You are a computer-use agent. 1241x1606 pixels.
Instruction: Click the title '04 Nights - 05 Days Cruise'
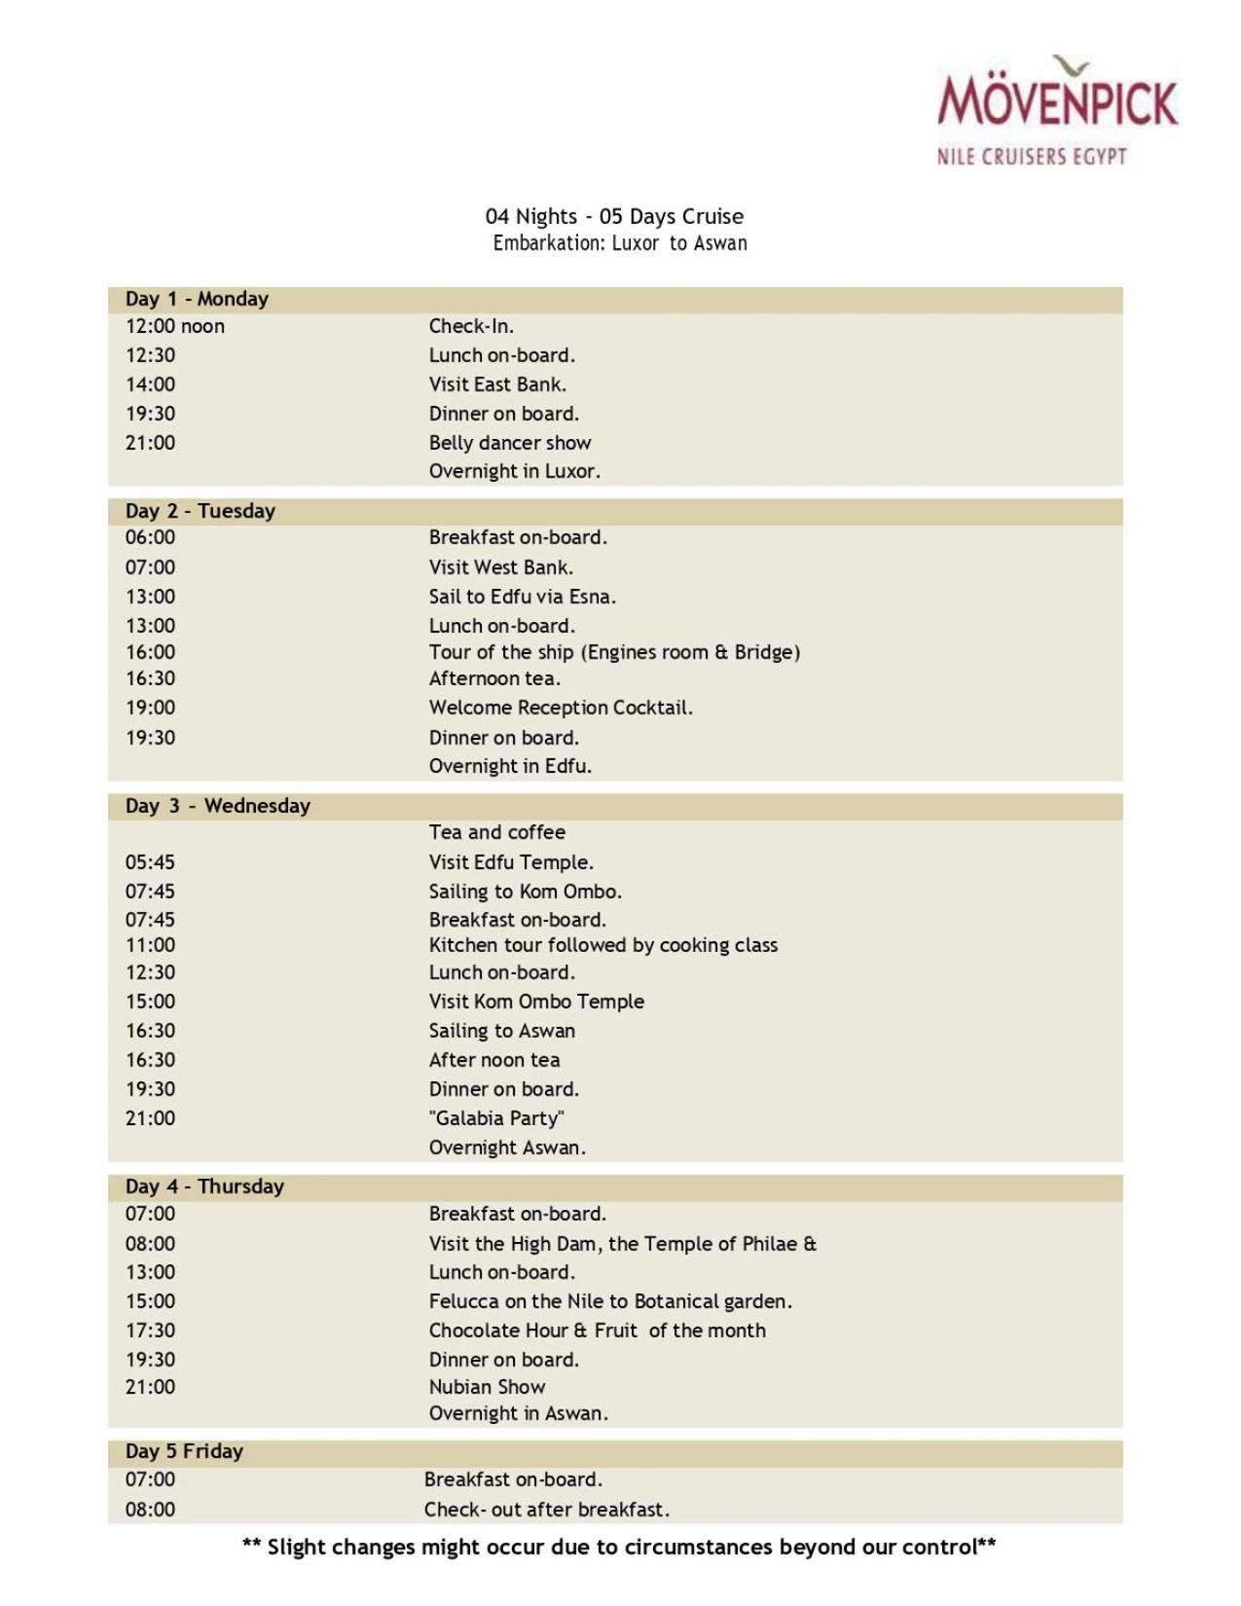[614, 216]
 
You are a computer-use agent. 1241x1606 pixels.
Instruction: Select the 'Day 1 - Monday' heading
[197, 299]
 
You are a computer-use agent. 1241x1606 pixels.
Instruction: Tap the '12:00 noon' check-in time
[174, 326]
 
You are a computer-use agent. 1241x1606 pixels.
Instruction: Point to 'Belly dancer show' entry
[510, 443]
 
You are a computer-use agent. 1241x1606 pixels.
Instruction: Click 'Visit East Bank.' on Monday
[497, 384]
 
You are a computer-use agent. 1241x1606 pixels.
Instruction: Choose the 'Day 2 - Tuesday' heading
[200, 511]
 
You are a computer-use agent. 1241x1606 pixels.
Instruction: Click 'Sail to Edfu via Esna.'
[523, 597]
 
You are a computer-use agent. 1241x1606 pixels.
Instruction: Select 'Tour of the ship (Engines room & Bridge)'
[614, 652]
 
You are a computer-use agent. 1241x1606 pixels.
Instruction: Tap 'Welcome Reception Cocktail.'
[561, 708]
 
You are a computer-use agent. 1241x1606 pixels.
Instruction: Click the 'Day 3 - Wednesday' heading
[217, 806]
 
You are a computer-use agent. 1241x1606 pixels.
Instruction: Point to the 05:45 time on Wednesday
[150, 862]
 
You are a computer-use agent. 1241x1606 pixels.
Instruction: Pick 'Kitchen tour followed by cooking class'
[603, 945]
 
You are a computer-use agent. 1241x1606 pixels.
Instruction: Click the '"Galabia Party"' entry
[496, 1118]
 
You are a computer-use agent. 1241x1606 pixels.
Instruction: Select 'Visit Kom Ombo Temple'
[536, 1002]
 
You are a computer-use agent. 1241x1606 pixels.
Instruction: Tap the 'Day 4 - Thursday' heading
[204, 1186]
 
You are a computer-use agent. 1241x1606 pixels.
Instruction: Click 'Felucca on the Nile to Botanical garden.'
[610, 1301]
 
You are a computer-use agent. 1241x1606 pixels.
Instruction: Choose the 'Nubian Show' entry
[487, 1387]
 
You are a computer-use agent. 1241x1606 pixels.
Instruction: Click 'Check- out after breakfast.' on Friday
[546, 1510]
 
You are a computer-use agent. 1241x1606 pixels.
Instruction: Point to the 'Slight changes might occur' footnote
[619, 1547]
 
